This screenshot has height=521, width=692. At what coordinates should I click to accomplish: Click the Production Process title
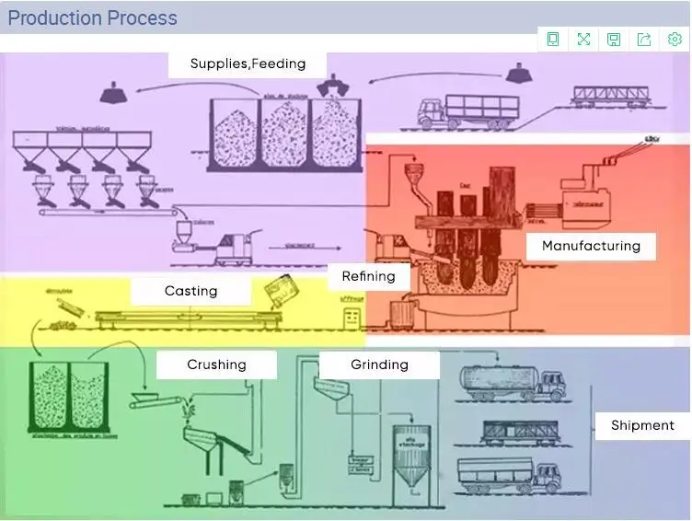(92, 18)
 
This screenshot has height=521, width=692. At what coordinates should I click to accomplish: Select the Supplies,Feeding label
(248, 64)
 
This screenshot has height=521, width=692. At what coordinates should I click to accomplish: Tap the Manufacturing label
(591, 246)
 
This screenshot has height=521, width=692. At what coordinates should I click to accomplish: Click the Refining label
(368, 275)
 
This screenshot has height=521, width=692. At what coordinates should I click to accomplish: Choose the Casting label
(190, 291)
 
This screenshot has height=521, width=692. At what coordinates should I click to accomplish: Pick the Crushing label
(216, 364)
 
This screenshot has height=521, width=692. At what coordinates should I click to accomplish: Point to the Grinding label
(378, 364)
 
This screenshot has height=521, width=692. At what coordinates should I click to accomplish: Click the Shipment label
(642, 424)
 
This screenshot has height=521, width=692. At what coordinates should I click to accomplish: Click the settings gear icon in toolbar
(675, 39)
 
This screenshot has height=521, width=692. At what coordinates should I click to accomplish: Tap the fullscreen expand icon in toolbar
(583, 39)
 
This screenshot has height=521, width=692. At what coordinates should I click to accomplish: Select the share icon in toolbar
(644, 39)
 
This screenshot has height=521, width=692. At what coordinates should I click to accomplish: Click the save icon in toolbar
(614, 39)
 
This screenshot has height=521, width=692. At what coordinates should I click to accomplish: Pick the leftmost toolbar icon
(553, 39)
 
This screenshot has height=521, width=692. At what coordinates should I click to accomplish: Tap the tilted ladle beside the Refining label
(277, 294)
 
